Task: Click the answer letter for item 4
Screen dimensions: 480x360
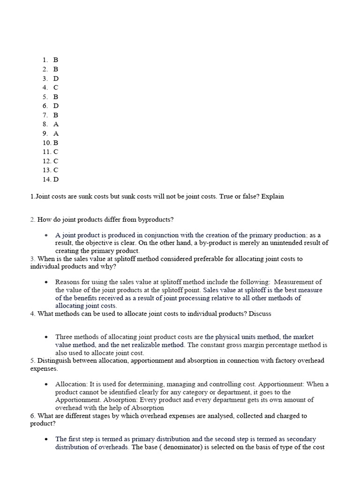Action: pyautogui.click(x=56, y=88)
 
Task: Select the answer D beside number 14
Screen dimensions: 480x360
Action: pyautogui.click(x=56, y=180)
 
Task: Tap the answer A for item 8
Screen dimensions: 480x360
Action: pyautogui.click(x=56, y=124)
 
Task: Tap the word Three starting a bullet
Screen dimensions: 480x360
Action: pyautogui.click(x=64, y=337)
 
